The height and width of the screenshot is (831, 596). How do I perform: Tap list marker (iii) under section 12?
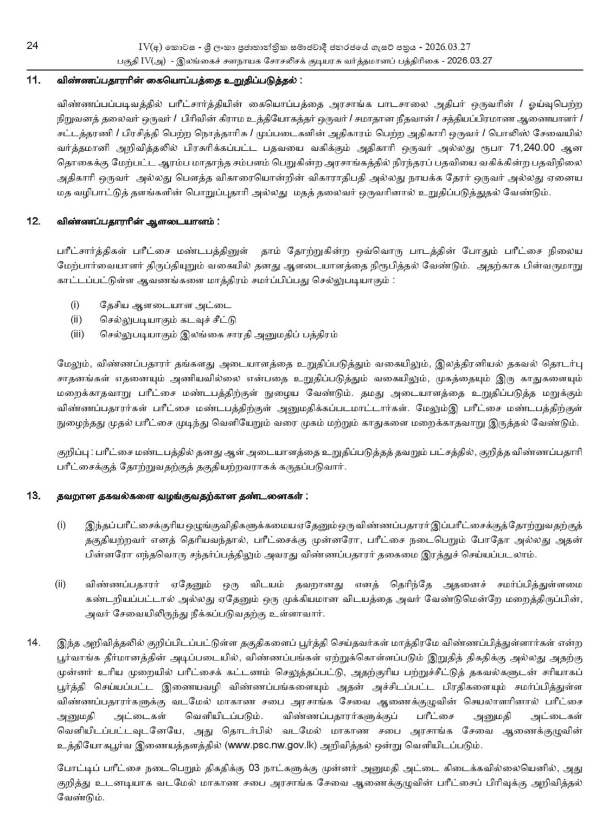[78, 334]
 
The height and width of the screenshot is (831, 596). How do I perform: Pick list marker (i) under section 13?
[61, 525]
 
